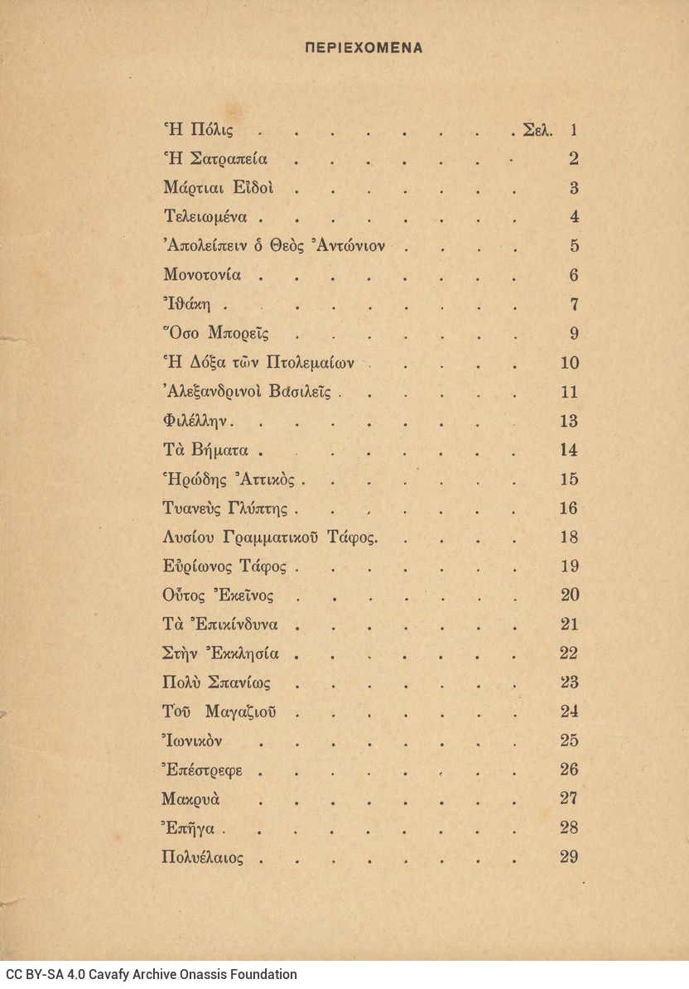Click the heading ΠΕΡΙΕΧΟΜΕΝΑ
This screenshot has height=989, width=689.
click(x=364, y=48)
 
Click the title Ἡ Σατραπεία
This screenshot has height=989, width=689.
click(x=215, y=159)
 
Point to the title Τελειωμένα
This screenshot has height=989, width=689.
click(x=205, y=217)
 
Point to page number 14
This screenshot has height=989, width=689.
click(x=569, y=451)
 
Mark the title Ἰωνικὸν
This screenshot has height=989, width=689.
click(x=192, y=741)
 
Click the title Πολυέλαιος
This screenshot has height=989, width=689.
click(x=203, y=857)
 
